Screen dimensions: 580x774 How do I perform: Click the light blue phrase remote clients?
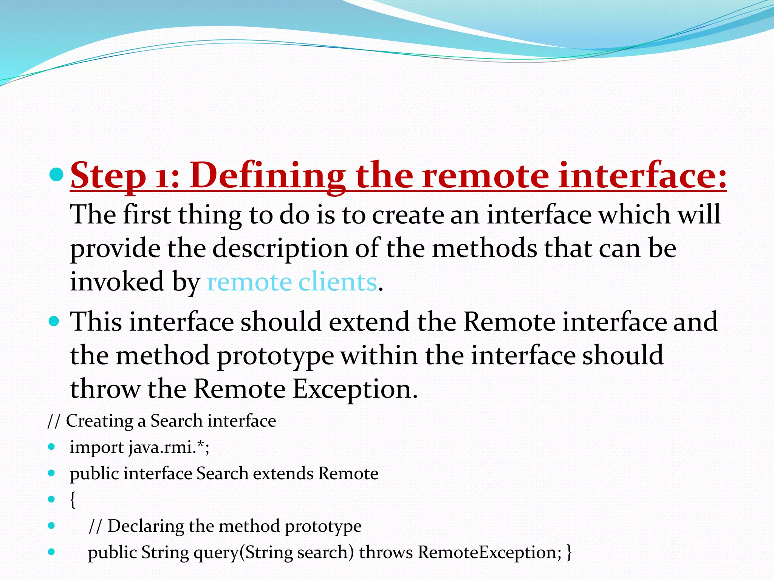pos(292,282)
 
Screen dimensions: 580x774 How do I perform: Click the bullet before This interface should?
pos(54,321)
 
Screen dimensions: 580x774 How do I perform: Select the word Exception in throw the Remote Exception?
pos(355,389)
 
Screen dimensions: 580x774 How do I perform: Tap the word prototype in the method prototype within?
pos(276,356)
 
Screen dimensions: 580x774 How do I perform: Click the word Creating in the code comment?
pos(100,421)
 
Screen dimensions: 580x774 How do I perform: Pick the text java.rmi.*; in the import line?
pos(169,447)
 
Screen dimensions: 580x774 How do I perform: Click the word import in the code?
pos(97,447)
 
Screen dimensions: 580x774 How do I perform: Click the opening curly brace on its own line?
pos(73,500)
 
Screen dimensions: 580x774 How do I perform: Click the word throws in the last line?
pos(385,552)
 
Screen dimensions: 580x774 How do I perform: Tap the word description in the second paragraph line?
pos(280,249)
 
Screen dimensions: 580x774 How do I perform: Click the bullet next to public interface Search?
pos(52,473)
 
